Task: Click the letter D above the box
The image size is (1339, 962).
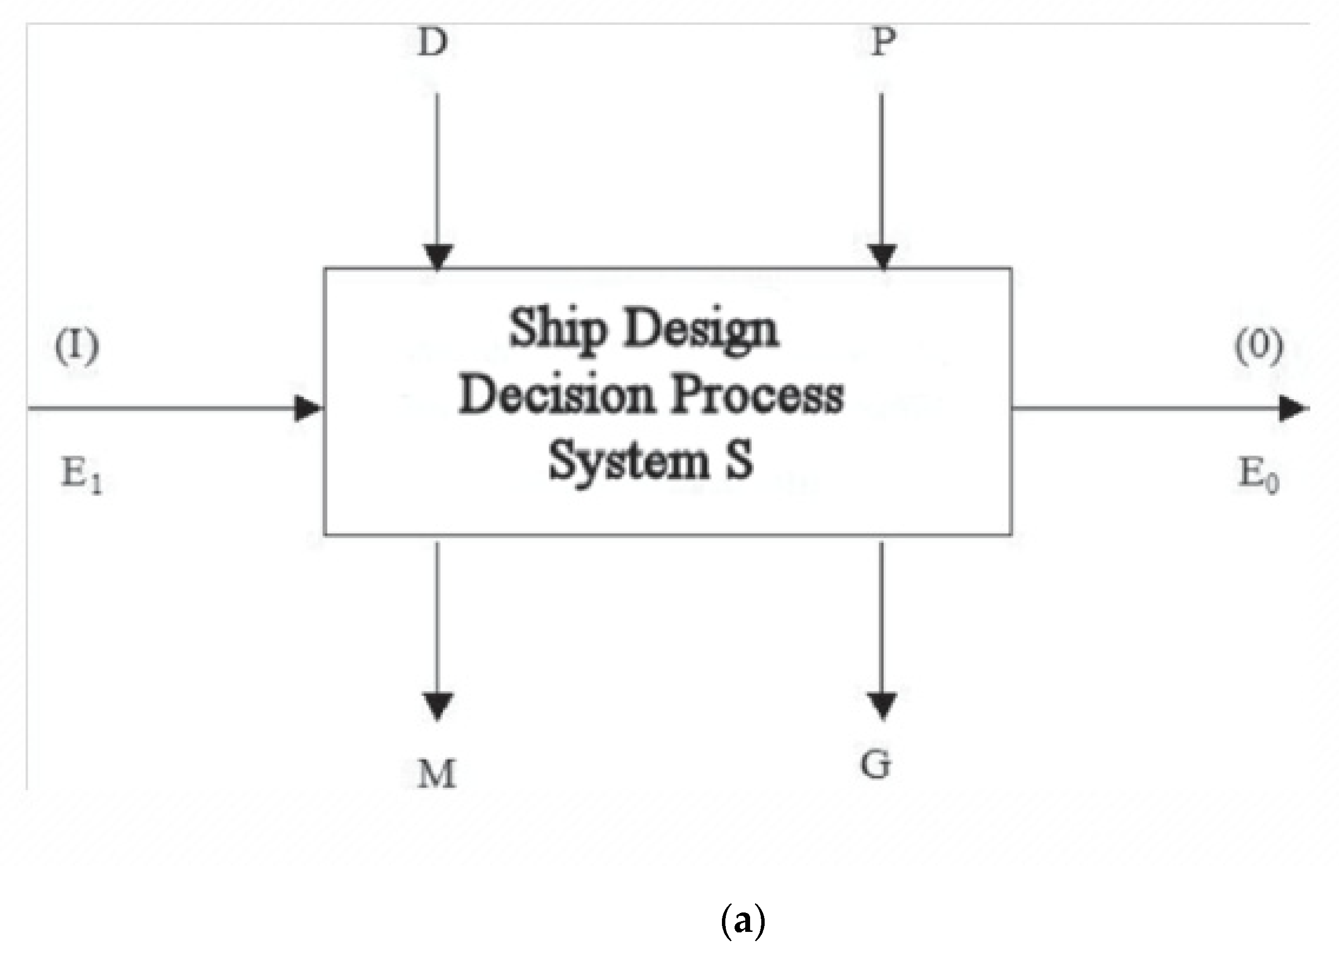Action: (433, 43)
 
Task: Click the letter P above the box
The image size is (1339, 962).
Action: (883, 43)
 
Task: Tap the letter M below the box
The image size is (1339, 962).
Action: (437, 774)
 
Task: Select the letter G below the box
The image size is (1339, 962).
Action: (875, 765)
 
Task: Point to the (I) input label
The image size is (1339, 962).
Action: (77, 347)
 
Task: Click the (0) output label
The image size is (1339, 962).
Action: (1259, 347)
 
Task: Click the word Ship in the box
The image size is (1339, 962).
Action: (557, 329)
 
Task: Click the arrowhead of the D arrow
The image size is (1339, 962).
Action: (437, 257)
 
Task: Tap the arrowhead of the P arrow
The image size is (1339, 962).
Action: (883, 257)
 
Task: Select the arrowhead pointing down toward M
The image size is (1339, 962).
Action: (437, 705)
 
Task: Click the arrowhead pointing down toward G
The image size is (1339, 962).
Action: (882, 705)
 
